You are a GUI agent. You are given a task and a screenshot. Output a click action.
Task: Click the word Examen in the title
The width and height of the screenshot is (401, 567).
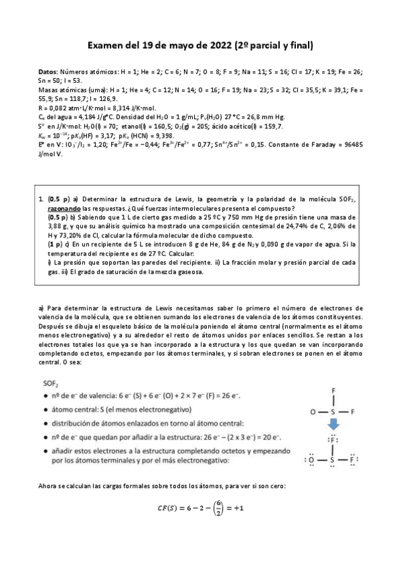click(107, 45)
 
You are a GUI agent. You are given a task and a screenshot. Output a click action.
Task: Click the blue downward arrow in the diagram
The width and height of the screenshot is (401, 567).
click(332, 425)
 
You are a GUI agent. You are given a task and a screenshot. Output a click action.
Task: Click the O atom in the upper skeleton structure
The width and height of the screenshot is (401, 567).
click(313, 412)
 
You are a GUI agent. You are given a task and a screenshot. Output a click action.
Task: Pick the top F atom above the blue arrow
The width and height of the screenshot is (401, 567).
click(333, 390)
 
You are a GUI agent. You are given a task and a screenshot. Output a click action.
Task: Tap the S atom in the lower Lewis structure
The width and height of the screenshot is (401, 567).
click(333, 461)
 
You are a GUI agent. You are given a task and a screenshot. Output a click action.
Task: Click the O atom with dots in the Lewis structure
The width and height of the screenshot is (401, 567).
click(311, 461)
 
